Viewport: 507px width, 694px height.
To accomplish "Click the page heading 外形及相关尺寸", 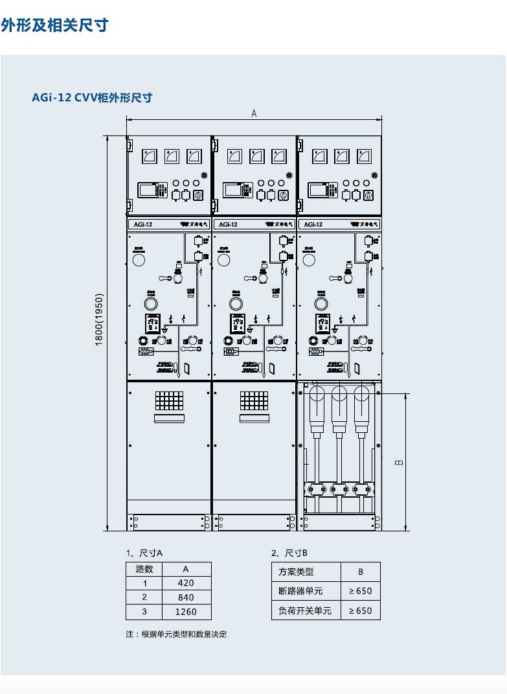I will pos(54,25).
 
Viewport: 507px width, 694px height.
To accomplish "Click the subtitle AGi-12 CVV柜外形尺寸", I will pos(92,98).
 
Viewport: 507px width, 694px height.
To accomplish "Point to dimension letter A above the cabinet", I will pos(254,113).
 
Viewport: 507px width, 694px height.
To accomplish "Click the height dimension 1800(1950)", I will pos(99,319).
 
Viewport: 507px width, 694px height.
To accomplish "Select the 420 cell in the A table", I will pos(185,583).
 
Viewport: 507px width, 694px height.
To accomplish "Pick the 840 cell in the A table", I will pos(185,597).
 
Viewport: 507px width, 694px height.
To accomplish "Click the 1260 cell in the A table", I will pos(185,612).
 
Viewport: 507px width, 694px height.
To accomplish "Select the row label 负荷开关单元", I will pos(305,610).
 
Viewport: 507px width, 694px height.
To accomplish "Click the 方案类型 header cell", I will pos(296,572).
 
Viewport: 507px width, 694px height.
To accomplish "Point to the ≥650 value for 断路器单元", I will pos(360,591).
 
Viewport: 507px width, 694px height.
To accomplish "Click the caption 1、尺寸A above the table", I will pos(144,553).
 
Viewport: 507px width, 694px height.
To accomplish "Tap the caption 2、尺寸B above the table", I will pos(289,553).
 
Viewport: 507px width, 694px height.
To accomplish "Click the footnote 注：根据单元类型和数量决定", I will pos(176,634).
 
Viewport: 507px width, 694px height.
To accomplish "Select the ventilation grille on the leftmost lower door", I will pos(168,400).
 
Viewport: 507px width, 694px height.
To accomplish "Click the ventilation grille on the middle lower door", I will pos(254,400).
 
